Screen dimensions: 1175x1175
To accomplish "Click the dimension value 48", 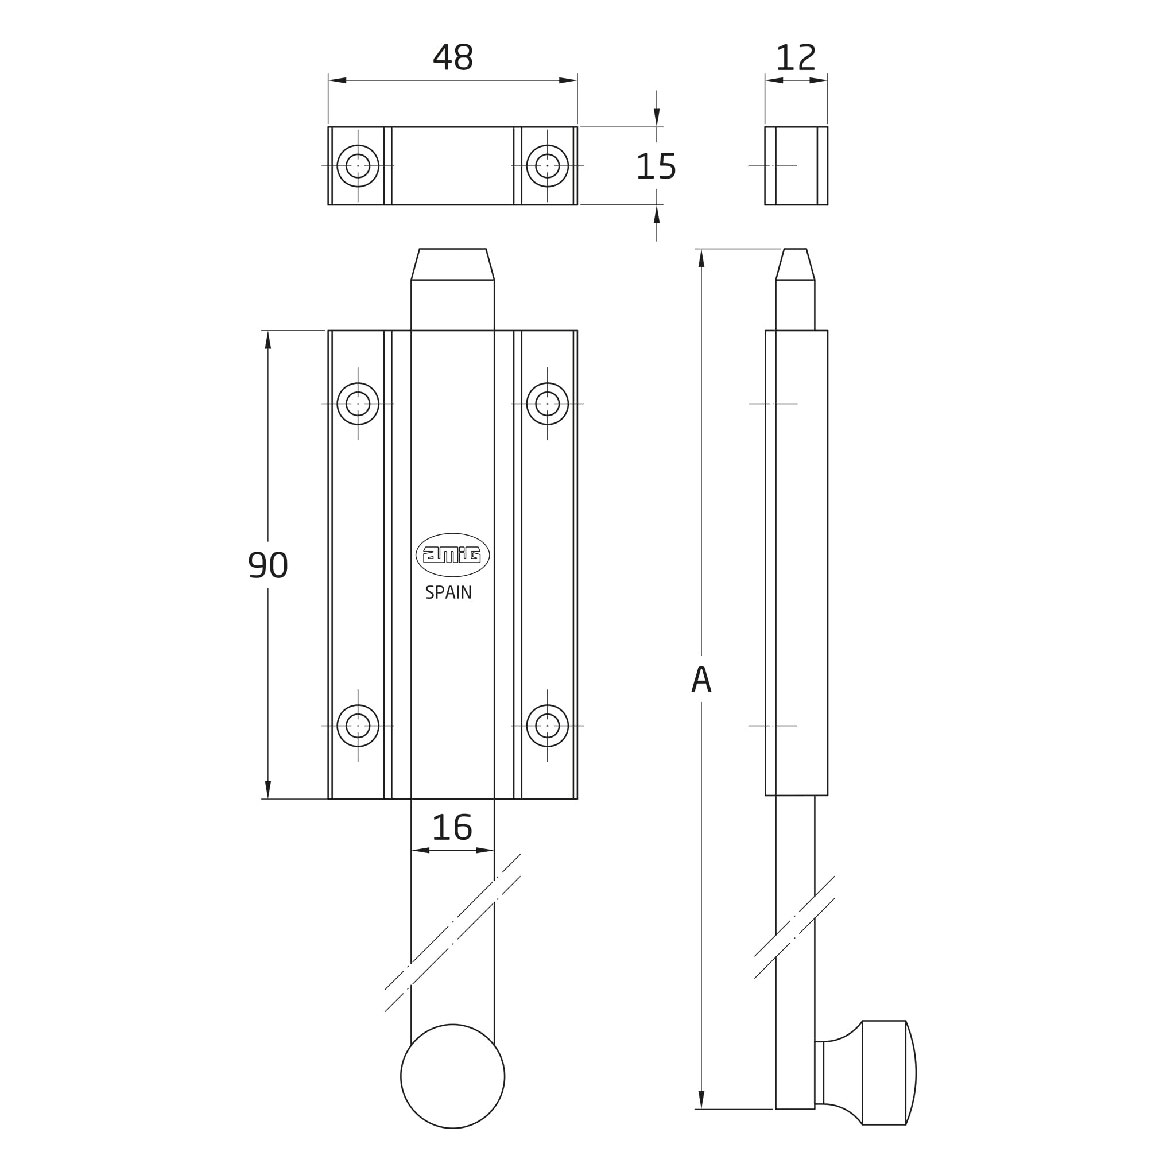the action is point(452,57).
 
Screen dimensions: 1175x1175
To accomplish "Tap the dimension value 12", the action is point(796,57).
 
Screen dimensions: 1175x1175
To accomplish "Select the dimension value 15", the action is point(656,166).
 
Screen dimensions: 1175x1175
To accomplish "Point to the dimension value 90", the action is point(268,564).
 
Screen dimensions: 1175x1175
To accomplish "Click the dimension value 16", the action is point(452,828).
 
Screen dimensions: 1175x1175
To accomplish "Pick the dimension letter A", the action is point(701,678).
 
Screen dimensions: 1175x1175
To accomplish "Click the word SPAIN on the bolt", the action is point(449,592).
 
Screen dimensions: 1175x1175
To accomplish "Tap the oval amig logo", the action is point(452,554).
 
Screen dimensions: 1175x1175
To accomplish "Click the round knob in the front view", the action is point(452,1076).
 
